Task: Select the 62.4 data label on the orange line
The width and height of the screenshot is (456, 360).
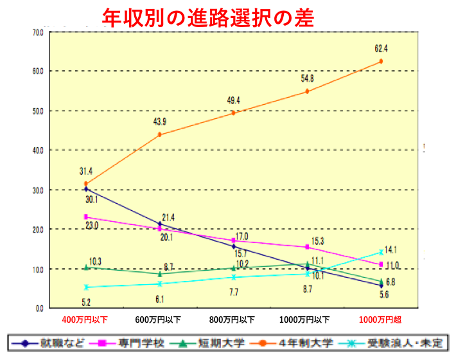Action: pyautogui.click(x=381, y=47)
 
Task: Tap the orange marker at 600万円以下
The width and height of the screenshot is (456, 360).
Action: pyautogui.click(x=159, y=134)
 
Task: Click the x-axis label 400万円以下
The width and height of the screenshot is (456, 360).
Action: pyautogui.click(x=85, y=319)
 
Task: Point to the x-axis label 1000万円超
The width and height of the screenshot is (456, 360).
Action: pyautogui.click(x=380, y=319)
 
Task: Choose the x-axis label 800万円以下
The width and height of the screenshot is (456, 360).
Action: pyautogui.click(x=233, y=319)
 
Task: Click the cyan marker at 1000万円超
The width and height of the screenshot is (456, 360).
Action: pyautogui.click(x=381, y=253)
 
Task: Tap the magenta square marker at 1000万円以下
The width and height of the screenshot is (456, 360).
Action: pyautogui.click(x=308, y=248)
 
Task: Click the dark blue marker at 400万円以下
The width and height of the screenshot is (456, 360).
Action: pyautogui.click(x=85, y=189)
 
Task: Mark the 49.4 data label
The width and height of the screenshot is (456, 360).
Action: pyautogui.click(x=233, y=100)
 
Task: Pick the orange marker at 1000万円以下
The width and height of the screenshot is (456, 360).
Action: pyautogui.click(x=307, y=91)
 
